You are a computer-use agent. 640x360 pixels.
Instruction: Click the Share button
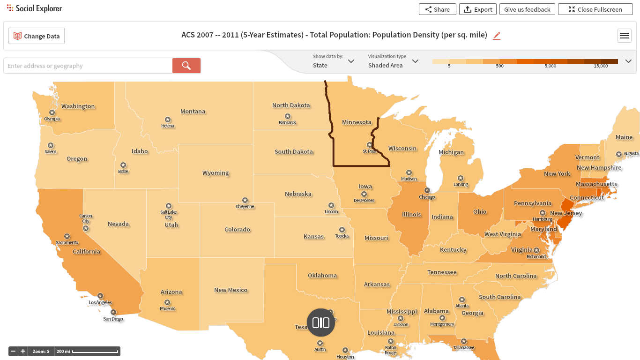click(x=437, y=9)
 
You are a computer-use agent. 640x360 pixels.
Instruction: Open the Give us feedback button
click(x=527, y=9)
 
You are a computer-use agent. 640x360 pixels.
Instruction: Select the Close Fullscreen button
click(x=595, y=9)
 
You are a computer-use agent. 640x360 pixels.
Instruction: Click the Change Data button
click(x=37, y=36)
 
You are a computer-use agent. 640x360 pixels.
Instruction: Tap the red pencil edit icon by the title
click(x=497, y=36)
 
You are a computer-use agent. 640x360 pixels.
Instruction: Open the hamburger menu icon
click(x=624, y=36)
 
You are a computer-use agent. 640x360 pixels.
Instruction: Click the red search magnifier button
click(x=186, y=66)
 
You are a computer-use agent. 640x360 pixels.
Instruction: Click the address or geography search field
click(x=88, y=66)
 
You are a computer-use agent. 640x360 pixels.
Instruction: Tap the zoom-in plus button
click(x=23, y=351)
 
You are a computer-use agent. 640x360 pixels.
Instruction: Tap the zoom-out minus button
click(x=14, y=351)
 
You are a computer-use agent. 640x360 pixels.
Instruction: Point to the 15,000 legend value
click(x=600, y=66)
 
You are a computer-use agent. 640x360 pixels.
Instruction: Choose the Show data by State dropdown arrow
click(x=351, y=61)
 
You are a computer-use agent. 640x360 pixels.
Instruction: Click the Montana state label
click(x=193, y=112)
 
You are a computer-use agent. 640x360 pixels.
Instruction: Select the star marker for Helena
click(x=167, y=120)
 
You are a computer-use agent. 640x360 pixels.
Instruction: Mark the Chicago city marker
click(x=427, y=190)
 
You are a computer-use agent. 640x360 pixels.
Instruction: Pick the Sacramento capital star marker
click(x=67, y=236)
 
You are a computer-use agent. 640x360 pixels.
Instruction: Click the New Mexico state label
click(x=231, y=290)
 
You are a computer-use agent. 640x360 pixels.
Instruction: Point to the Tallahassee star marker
click(x=463, y=341)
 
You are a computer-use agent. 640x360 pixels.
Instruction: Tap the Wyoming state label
click(x=216, y=173)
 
